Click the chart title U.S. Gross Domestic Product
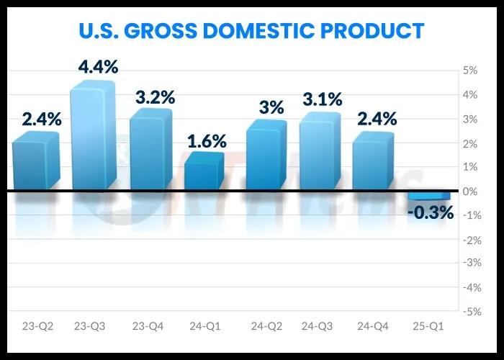coord(251,31)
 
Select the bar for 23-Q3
coord(92,137)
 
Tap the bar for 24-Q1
coord(204,173)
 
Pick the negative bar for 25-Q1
coord(430,195)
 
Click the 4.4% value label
coord(99,68)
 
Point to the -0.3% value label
coord(430,212)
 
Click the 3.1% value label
coord(322,100)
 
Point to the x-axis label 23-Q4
coord(148,326)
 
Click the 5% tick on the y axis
coord(469,71)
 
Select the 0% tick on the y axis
coord(469,191)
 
